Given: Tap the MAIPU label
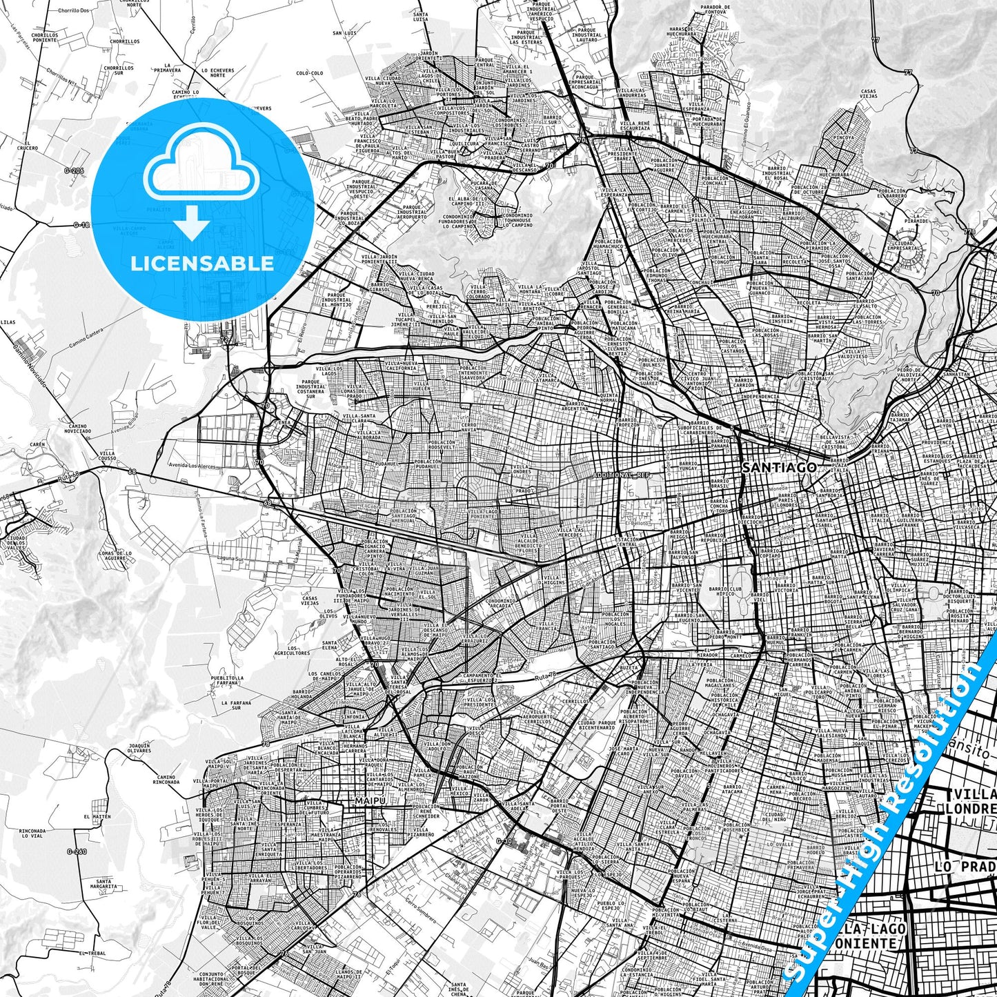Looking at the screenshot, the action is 366,801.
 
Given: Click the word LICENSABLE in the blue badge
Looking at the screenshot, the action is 202,263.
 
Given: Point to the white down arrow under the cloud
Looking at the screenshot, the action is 192,222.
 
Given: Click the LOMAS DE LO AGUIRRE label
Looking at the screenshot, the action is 115,555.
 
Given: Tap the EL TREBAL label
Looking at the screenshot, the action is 91,953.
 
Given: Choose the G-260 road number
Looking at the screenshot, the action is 77,851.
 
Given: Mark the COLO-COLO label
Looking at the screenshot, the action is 310,72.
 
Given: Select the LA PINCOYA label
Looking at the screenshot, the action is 844,135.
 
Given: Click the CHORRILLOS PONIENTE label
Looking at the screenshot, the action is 44,37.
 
